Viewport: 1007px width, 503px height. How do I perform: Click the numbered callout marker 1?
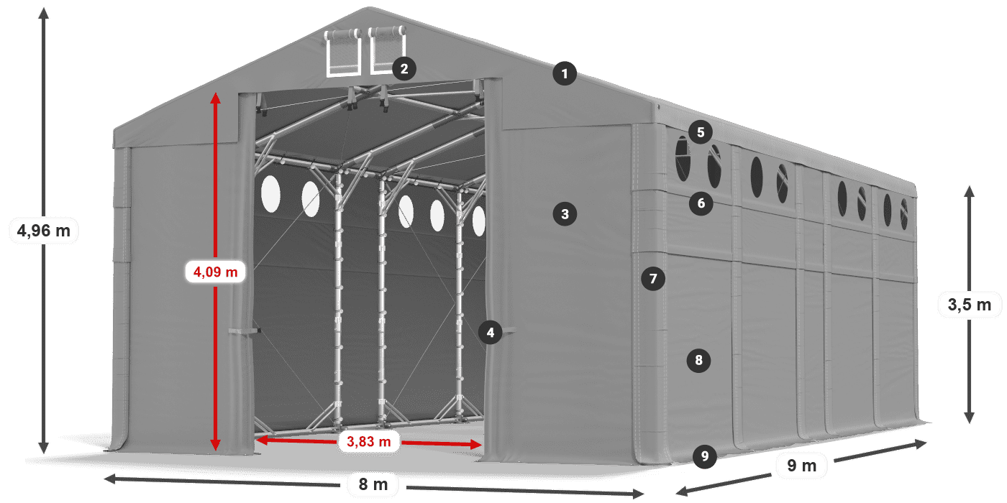point(565,73)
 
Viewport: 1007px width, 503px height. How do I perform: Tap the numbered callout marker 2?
point(404,69)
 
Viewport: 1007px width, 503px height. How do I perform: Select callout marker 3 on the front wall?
point(565,213)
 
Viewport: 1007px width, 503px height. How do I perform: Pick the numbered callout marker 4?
point(490,332)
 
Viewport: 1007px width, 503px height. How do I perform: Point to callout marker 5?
point(699,132)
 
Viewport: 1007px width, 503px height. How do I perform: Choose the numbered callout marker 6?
point(701,203)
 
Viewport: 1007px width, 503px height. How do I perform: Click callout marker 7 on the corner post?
point(652,279)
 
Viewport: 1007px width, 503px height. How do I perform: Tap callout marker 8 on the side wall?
point(698,360)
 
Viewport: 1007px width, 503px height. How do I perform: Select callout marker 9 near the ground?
point(704,456)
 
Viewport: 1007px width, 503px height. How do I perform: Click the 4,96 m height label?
point(44,231)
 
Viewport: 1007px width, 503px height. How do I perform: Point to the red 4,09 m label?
point(215,272)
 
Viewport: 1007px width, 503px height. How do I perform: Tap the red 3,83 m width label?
point(368,442)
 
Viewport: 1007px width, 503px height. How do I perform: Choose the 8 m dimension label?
point(373,485)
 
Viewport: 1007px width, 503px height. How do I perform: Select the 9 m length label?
point(802,466)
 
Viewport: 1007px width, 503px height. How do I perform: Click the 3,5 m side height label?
point(969,305)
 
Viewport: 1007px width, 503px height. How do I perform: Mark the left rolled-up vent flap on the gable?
point(344,36)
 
